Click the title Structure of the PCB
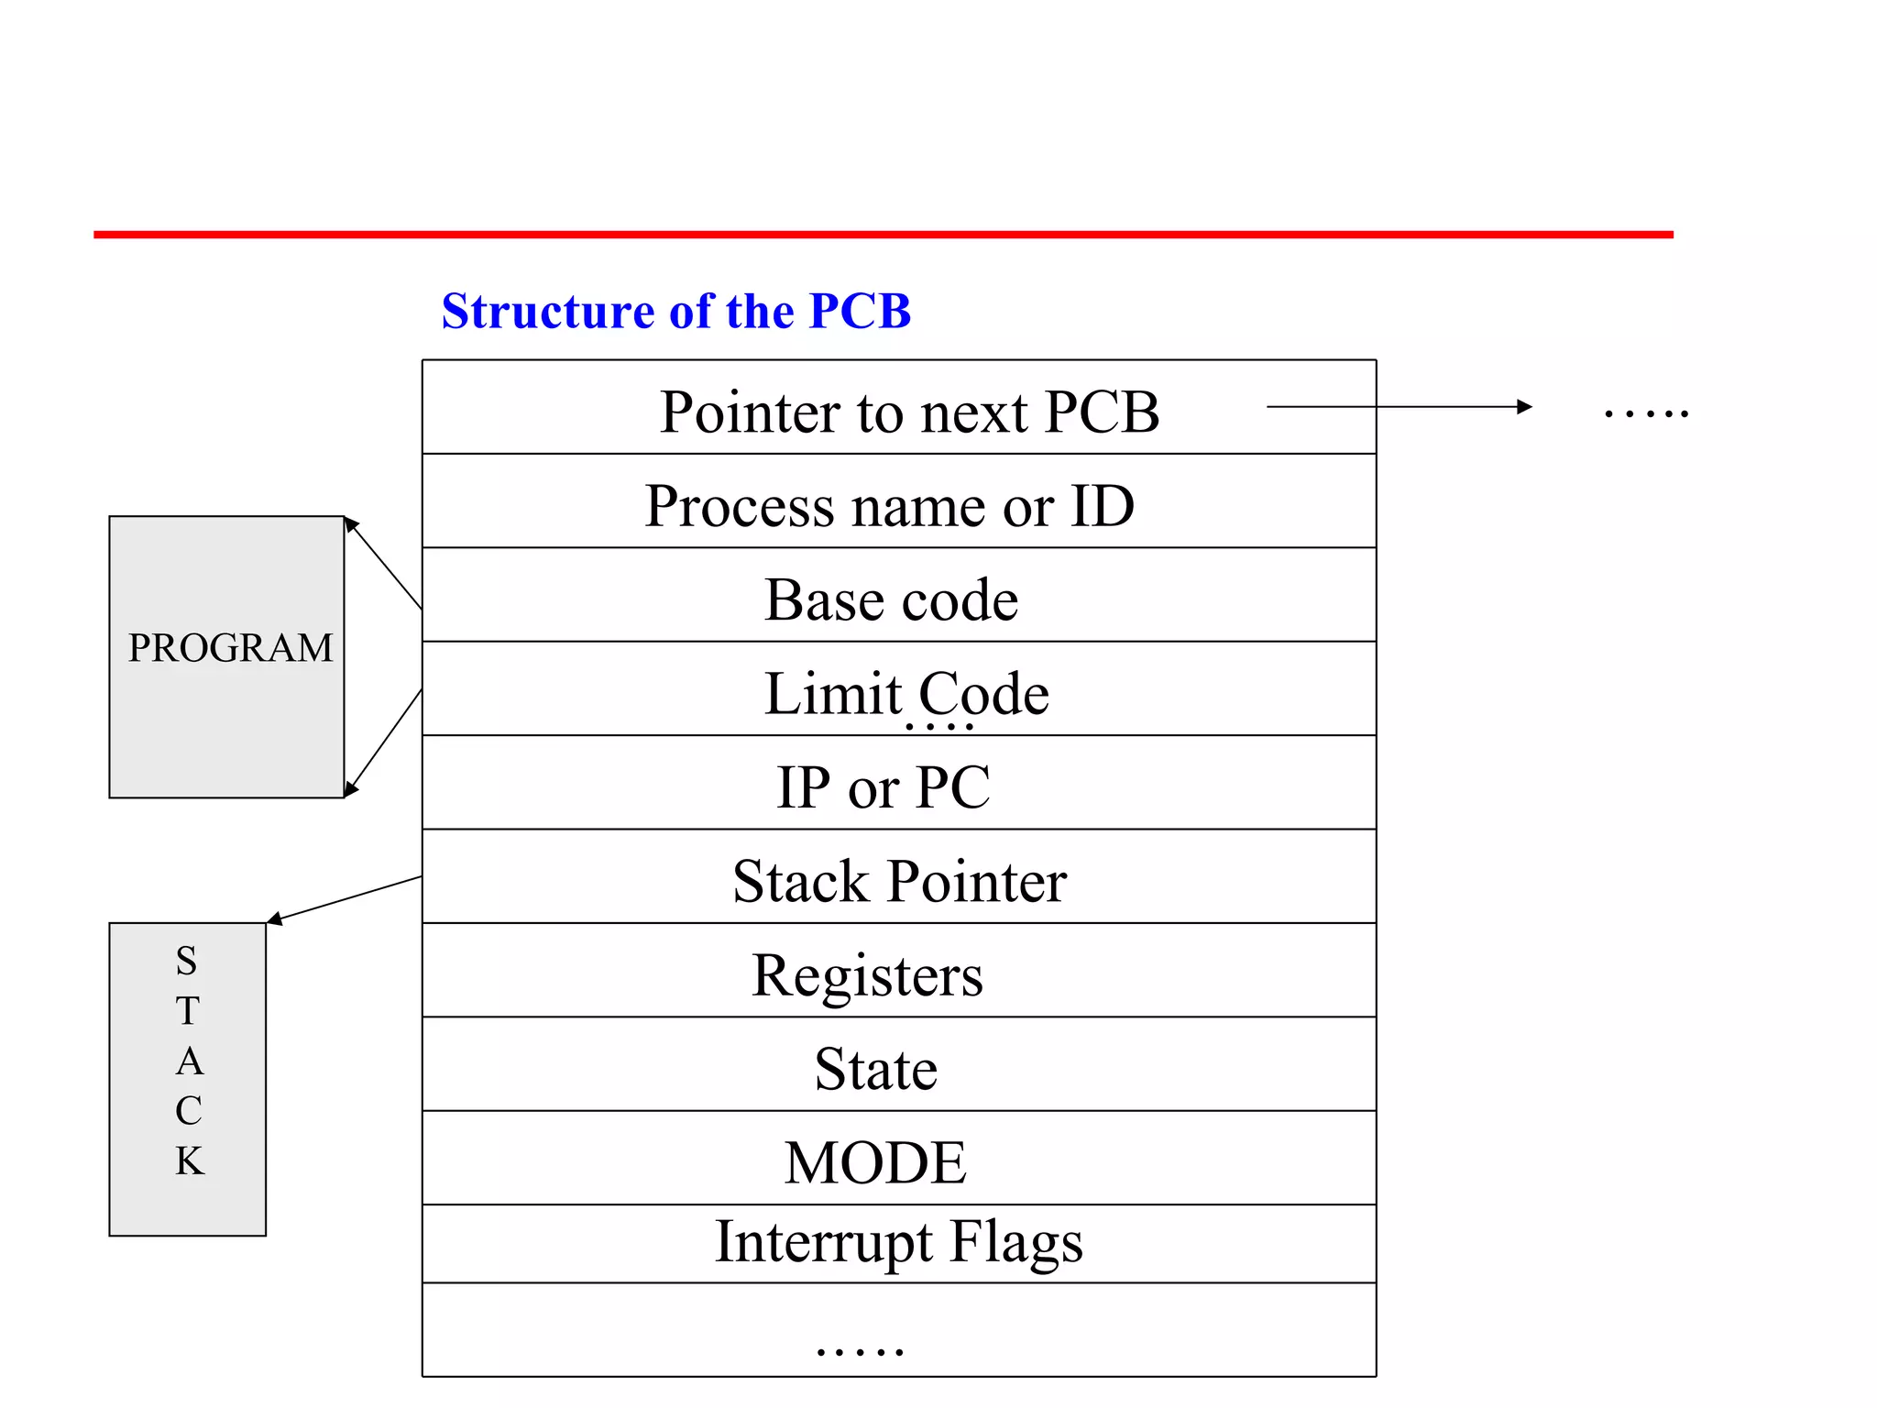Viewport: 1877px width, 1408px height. pos(675,311)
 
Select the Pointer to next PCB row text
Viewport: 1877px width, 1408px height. pos(909,412)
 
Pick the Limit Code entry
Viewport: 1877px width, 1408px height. pos(906,693)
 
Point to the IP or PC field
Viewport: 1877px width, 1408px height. pos(883,786)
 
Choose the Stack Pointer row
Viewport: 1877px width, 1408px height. pos(899,881)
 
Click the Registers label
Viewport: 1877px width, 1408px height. pos(867,974)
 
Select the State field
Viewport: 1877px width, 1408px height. pos(875,1069)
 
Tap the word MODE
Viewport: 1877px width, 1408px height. pos(875,1162)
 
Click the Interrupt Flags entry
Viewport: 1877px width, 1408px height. pos(898,1242)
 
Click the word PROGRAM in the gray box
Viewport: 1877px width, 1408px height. pos(230,648)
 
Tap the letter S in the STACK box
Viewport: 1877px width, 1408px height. pos(187,961)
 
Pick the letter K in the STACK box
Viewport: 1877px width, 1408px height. pos(190,1160)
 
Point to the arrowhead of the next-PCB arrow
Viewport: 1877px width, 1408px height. pos(1524,406)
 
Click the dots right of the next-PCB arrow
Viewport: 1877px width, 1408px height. pos(1646,413)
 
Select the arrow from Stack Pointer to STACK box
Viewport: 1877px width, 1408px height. pos(345,898)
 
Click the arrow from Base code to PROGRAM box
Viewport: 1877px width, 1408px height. pos(383,564)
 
